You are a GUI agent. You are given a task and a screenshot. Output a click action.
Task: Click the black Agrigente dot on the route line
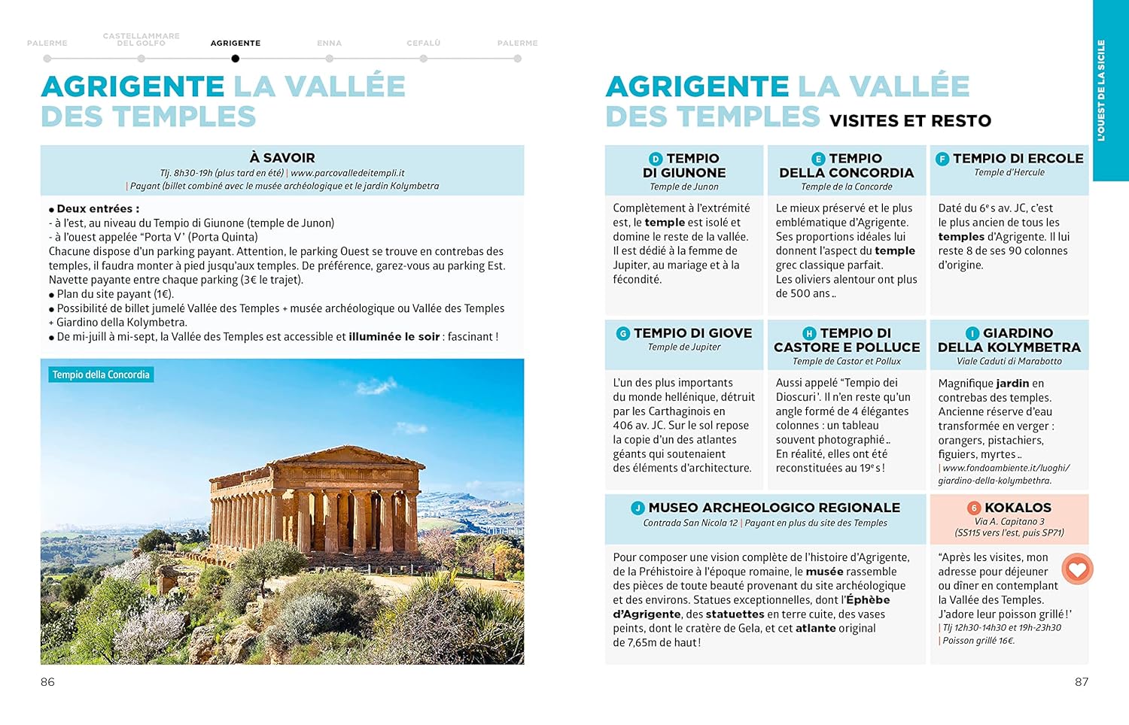point(236,59)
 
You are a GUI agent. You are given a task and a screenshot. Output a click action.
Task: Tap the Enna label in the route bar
point(329,44)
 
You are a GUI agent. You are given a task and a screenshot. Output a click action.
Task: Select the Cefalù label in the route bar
point(423,44)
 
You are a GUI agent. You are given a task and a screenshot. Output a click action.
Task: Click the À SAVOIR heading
point(282,158)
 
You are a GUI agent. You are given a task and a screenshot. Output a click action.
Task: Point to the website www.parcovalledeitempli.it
point(348,173)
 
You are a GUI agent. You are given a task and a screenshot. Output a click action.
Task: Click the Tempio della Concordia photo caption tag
point(101,375)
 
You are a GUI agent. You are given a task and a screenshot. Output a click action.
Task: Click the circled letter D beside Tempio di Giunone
point(656,159)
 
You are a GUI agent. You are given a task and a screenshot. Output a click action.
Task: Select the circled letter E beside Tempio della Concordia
point(818,159)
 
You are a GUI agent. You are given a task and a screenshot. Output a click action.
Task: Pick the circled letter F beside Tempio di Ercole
point(942,159)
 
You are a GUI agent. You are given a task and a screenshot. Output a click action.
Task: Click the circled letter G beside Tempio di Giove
point(622,333)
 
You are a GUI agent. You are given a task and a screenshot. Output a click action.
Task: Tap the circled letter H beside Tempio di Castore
point(809,333)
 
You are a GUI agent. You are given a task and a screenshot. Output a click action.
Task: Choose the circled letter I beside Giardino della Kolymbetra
point(972,333)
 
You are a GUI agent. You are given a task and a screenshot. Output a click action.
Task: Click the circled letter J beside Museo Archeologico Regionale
point(638,508)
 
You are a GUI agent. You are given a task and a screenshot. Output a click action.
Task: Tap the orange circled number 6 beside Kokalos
point(973,508)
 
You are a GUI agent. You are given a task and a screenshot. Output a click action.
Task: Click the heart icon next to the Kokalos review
point(1077,569)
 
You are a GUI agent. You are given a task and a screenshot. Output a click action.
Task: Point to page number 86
point(47,682)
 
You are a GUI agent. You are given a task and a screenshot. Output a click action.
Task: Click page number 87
point(1082,682)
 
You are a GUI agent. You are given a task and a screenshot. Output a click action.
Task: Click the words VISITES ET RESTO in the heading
point(910,121)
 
